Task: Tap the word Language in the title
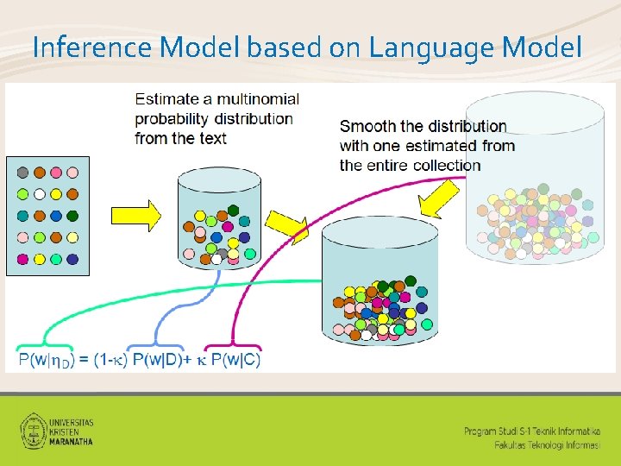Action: pos(419,47)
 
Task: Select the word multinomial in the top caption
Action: pos(257,99)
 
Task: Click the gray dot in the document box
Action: pos(23,173)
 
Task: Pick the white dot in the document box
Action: pos(40,194)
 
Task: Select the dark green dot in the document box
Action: pos(72,216)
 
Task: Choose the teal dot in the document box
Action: pos(23,216)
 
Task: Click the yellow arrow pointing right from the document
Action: pos(135,215)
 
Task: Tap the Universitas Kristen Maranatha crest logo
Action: pos(33,430)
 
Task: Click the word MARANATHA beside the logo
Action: pos(72,440)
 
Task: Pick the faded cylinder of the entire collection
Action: pos(532,216)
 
